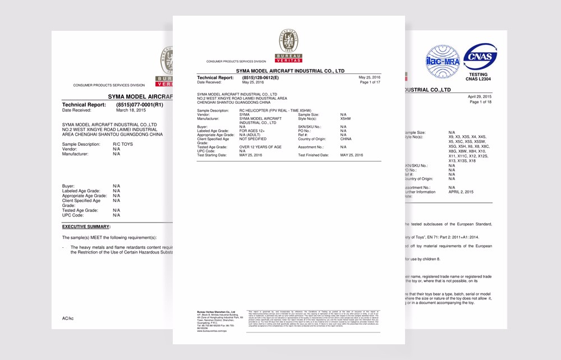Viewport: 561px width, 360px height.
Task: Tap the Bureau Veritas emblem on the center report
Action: click(x=288, y=42)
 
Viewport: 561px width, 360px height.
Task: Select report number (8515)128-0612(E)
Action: click(x=260, y=77)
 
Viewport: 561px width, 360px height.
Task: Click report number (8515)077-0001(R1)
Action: click(x=140, y=105)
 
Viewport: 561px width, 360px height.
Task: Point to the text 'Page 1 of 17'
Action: click(x=370, y=82)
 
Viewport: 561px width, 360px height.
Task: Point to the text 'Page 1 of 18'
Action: click(x=480, y=102)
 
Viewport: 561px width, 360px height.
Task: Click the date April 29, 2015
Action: click(x=480, y=96)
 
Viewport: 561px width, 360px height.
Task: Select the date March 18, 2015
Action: click(x=131, y=110)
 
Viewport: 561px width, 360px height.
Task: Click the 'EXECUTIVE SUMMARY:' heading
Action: click(x=86, y=227)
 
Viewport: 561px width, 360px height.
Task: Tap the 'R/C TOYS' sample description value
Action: click(x=123, y=144)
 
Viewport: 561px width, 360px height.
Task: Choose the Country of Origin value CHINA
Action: click(x=346, y=139)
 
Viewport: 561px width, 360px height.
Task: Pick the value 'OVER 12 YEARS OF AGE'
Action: click(x=260, y=147)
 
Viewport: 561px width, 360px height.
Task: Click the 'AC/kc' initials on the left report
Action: click(x=68, y=319)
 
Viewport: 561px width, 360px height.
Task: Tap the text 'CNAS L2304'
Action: click(x=479, y=79)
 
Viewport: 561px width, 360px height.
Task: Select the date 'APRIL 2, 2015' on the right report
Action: click(x=461, y=192)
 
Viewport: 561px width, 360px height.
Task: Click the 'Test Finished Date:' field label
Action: click(x=313, y=155)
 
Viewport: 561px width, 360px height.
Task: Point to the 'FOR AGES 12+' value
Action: click(x=252, y=131)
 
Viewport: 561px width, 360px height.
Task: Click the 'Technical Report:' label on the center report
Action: click(x=215, y=77)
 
